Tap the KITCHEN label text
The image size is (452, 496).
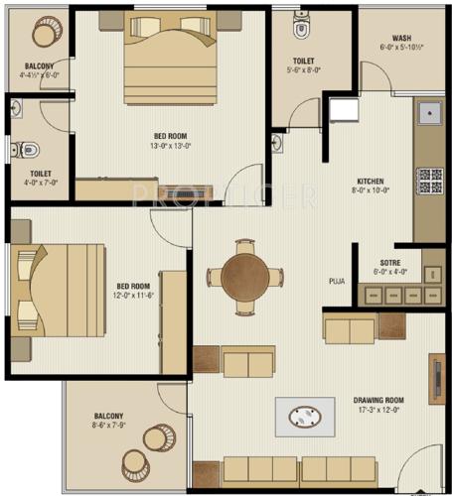point(371,182)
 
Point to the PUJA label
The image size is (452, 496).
point(338,282)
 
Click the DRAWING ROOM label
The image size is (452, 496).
point(381,401)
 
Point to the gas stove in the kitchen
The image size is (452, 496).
point(430,180)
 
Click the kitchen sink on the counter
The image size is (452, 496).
point(432,117)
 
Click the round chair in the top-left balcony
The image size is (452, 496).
point(45,33)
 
